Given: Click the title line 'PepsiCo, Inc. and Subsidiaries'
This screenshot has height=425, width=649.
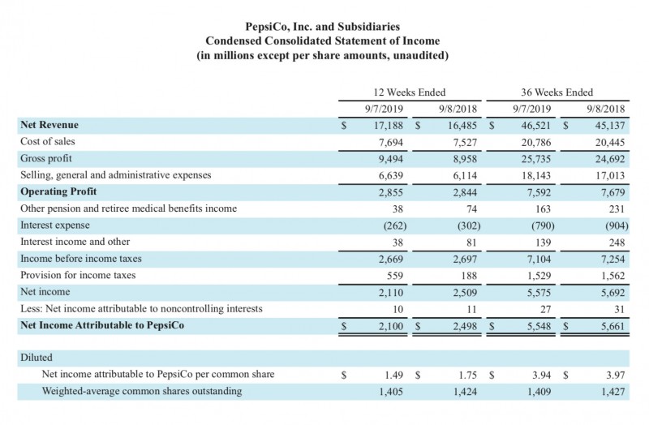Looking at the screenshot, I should point(324,27).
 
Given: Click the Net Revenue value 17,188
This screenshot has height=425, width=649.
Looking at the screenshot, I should point(387,125).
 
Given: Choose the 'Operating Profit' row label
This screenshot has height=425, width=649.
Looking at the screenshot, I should point(58,191).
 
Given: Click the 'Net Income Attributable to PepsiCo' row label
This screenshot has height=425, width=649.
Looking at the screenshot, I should point(102,325).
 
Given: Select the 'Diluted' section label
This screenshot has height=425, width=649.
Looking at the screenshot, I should point(36,357).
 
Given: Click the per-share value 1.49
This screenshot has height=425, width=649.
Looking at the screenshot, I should point(393,374).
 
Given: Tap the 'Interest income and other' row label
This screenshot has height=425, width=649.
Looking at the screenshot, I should point(75,241).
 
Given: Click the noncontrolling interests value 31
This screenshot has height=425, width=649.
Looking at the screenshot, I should point(617,308).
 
